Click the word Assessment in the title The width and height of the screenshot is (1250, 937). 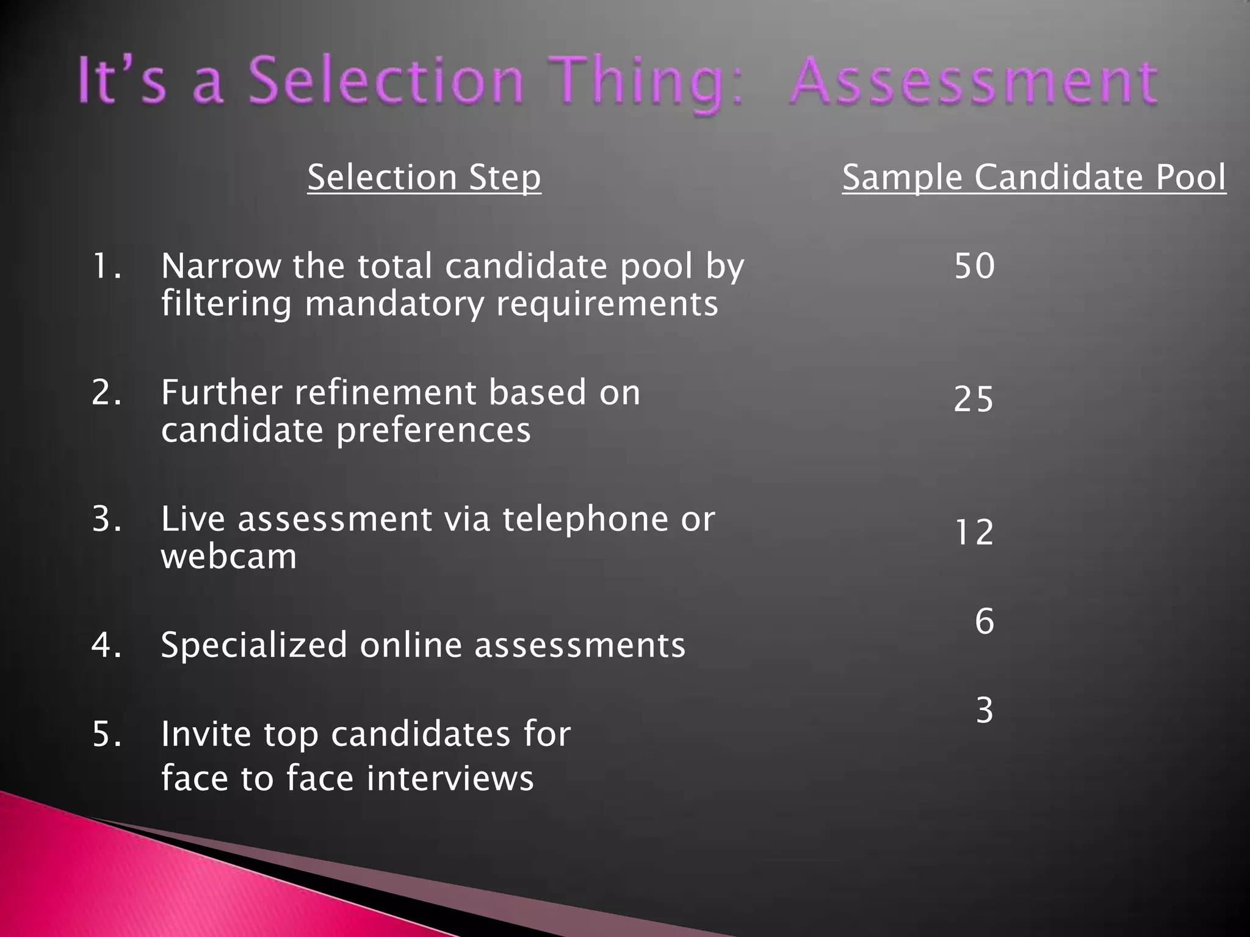coord(973,82)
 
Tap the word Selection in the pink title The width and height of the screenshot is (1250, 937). coord(385,82)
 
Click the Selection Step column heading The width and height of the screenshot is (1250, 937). coord(424,178)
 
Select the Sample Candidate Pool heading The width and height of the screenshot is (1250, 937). coord(1034,178)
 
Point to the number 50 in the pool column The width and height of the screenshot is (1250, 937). coord(974,266)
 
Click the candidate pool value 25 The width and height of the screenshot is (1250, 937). coord(974,400)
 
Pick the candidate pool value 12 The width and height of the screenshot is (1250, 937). coord(974,532)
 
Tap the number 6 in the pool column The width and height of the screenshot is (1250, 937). coord(984,621)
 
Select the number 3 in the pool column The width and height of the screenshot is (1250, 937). coord(984,710)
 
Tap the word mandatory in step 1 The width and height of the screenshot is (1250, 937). coord(394,304)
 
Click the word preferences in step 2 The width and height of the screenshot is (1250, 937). coord(433,430)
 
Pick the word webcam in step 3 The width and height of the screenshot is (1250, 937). coord(229,556)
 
